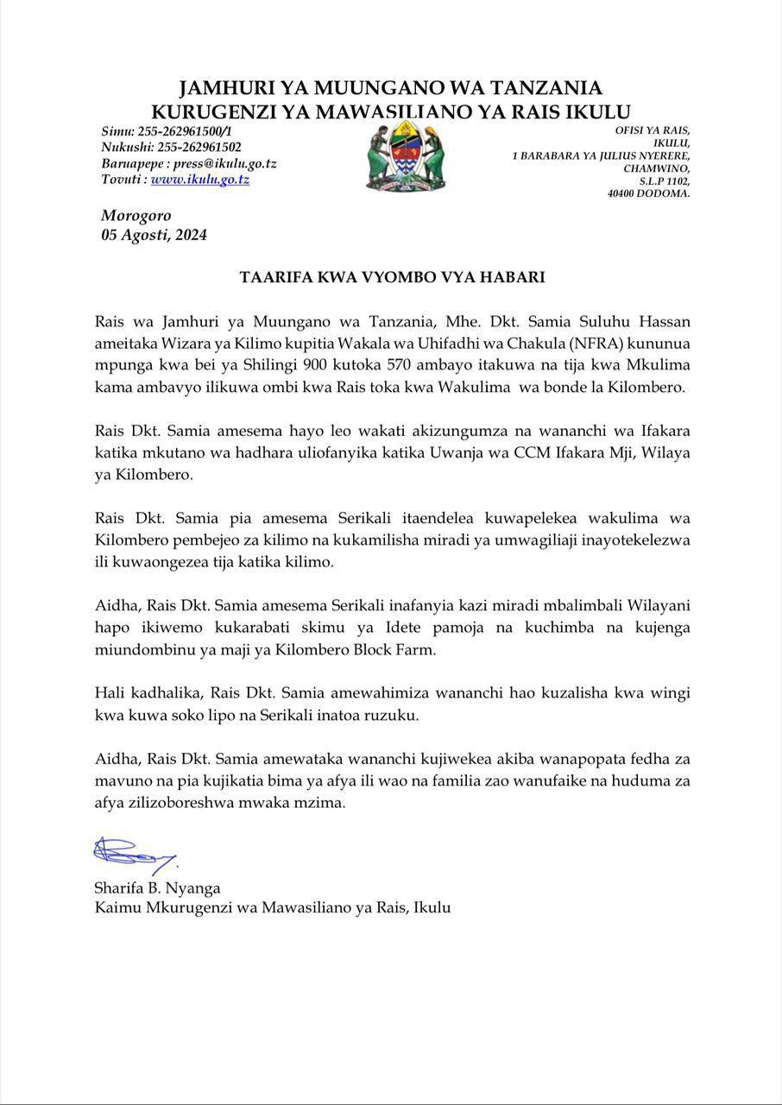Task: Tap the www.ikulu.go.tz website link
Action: click(200, 180)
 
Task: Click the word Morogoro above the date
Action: click(136, 216)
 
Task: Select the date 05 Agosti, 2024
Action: click(154, 235)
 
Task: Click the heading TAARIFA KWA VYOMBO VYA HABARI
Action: click(392, 278)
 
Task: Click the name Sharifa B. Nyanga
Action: click(157, 887)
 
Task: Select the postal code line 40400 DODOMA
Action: click(649, 194)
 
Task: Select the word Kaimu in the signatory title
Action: click(117, 907)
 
